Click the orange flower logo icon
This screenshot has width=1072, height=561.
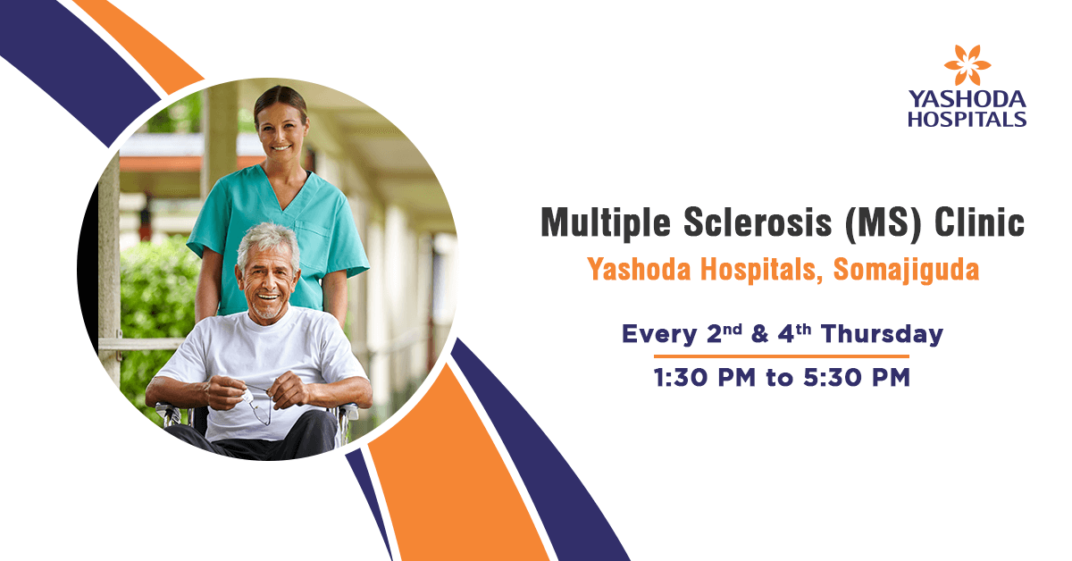(967, 65)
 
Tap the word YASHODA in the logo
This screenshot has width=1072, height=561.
(967, 99)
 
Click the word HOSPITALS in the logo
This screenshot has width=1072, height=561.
(967, 119)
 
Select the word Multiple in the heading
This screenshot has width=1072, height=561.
(606, 223)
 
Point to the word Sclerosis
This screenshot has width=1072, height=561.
(758, 222)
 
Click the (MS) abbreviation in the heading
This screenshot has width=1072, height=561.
(883, 223)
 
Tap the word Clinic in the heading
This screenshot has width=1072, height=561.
(979, 222)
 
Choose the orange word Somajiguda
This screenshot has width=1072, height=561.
(906, 271)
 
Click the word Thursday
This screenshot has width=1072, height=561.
(882, 333)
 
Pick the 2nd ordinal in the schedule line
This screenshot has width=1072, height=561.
(724, 333)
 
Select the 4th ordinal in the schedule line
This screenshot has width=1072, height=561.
(794, 333)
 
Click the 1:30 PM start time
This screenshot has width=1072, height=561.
(705, 378)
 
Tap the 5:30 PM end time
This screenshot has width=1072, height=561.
(857, 378)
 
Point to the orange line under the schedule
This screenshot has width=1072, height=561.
(782, 356)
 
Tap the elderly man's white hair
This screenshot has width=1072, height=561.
(268, 242)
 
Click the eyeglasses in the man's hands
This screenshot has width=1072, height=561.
(258, 406)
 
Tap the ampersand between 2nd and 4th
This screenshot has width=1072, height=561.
(760, 333)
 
